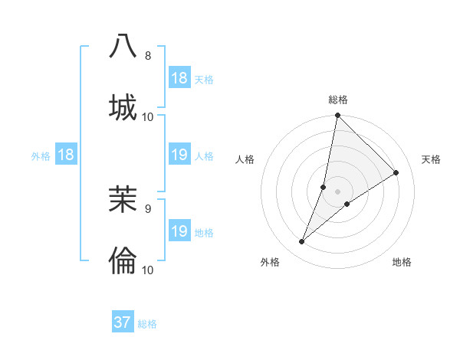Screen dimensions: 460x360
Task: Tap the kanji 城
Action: (x=123, y=107)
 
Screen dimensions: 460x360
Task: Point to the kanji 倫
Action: (x=123, y=260)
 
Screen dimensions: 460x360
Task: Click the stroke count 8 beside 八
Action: (x=148, y=56)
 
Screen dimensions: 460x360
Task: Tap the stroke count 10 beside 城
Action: (x=148, y=117)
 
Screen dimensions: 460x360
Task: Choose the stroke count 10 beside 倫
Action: (x=148, y=270)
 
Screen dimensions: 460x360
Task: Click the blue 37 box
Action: (x=123, y=322)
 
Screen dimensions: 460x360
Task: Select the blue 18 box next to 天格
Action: (x=179, y=78)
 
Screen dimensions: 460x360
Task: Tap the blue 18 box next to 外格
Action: (x=66, y=155)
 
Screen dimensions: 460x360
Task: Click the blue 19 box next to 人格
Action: (x=179, y=155)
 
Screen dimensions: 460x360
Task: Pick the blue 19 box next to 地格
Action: (x=179, y=231)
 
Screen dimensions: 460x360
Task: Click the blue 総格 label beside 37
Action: (x=147, y=324)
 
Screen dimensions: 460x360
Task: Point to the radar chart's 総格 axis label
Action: (x=338, y=100)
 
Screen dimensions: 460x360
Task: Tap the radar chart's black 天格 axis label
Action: (x=431, y=159)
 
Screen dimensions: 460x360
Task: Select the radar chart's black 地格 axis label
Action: (x=402, y=262)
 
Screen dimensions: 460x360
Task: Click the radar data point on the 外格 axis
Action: (x=302, y=242)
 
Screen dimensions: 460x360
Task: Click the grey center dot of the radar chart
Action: (x=338, y=191)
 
